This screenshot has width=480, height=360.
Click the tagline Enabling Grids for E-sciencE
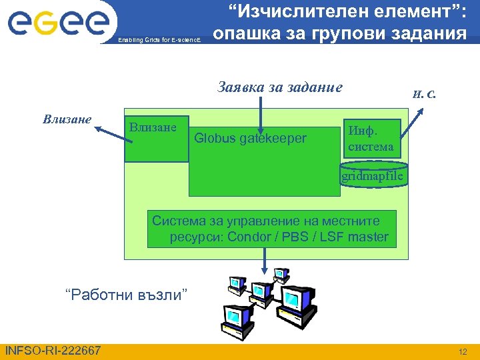[163, 40]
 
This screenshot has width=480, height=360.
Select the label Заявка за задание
[280, 87]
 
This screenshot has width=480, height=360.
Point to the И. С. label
[423, 93]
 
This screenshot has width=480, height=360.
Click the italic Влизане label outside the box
[67, 120]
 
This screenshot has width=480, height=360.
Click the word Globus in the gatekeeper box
[215, 138]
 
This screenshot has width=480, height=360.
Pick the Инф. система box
[371, 137]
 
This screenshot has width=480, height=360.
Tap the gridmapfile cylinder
[372, 175]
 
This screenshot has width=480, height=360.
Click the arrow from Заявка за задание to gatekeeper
[261, 113]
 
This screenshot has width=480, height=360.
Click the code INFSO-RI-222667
[53, 351]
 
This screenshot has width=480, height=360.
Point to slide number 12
[463, 351]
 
